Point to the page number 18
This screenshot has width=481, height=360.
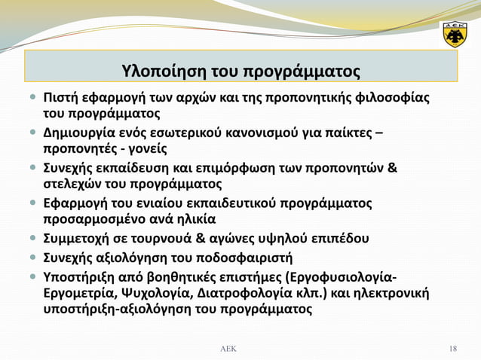pyautogui.click(x=452, y=348)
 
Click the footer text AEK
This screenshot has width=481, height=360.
pyautogui.click(x=227, y=348)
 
